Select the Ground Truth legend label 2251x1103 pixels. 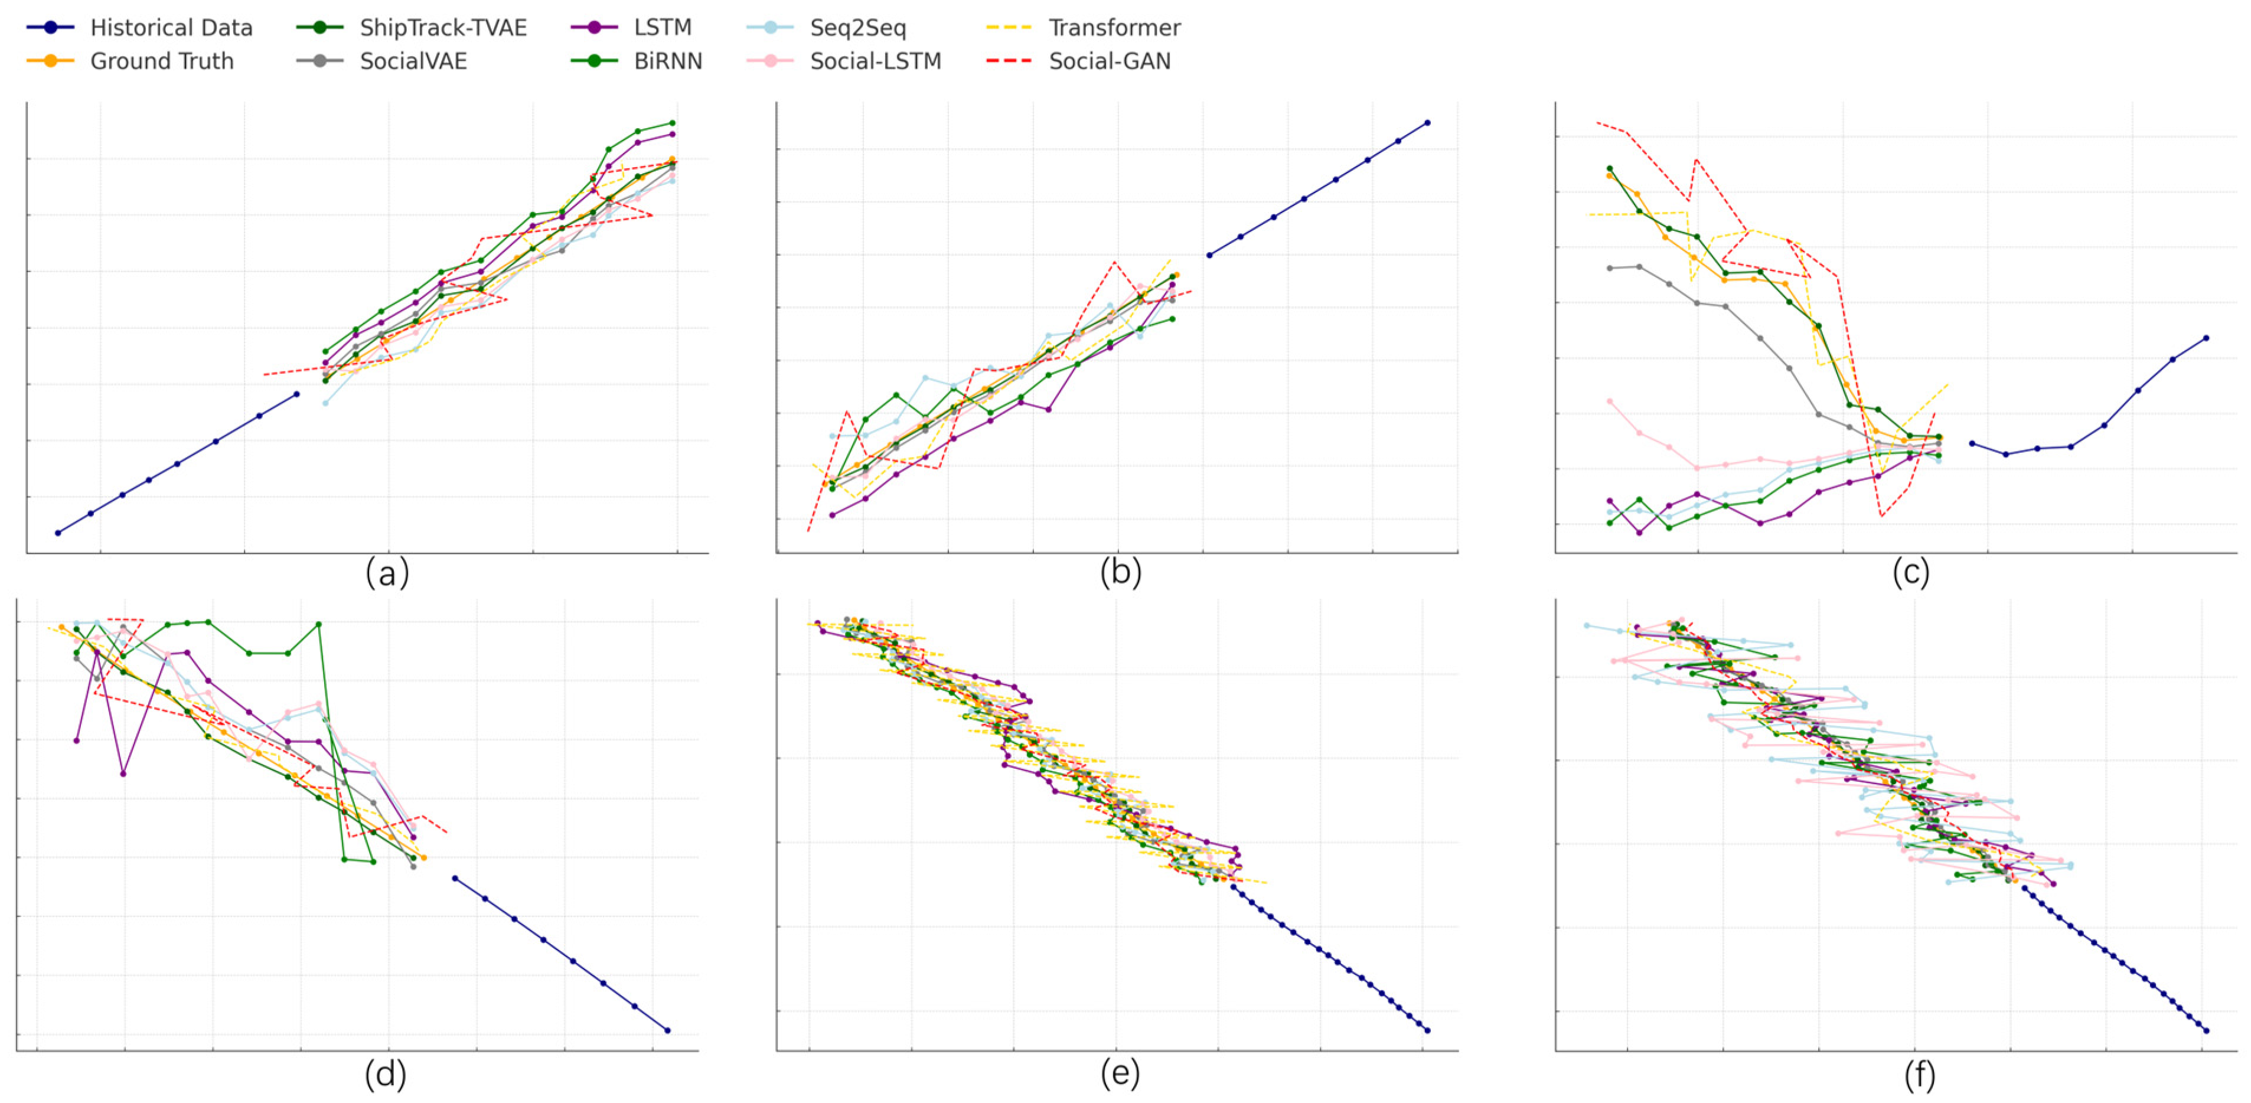162,61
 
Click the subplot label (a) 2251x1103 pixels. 387,573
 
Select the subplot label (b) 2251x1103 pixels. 1120,573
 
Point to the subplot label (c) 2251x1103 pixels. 1910,573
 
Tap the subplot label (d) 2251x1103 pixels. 386,1074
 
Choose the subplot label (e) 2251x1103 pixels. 1120,1074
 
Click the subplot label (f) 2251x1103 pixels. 1919,1074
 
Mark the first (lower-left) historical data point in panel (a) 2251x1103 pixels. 58,532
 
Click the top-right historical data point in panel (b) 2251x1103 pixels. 1428,122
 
